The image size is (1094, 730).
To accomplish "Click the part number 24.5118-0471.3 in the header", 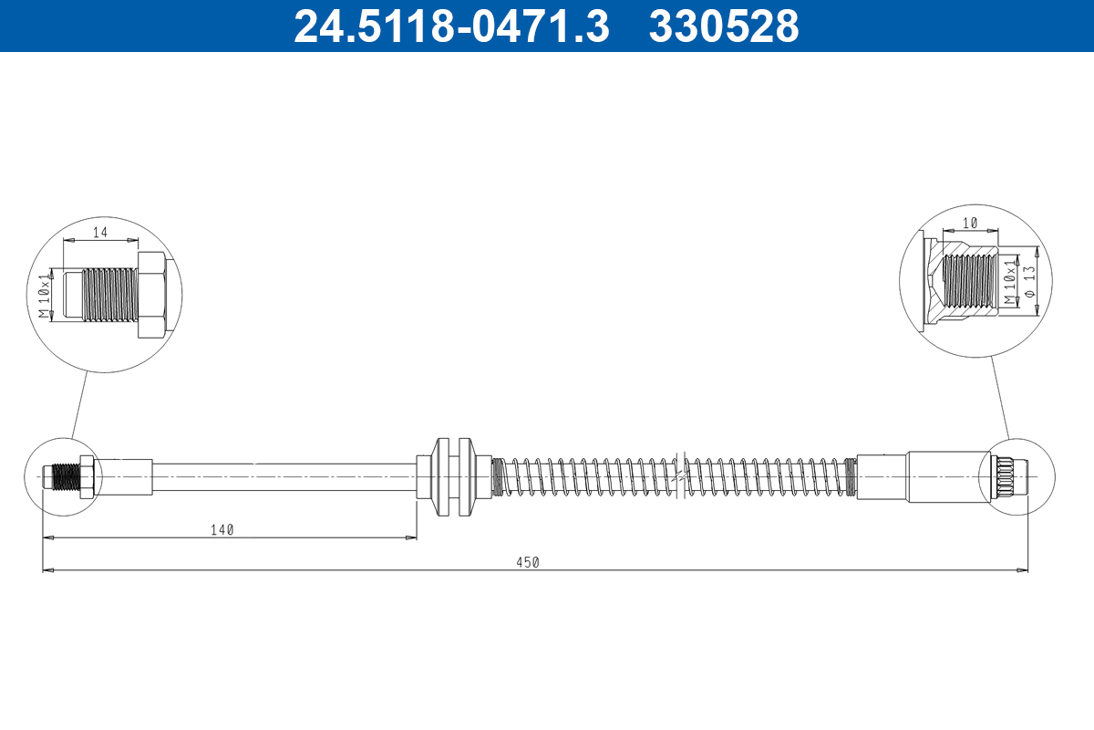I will tap(450, 26).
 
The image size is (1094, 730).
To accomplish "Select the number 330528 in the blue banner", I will tap(723, 26).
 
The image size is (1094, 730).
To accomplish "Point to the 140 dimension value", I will tap(222, 529).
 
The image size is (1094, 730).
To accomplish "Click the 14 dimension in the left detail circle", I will tap(100, 233).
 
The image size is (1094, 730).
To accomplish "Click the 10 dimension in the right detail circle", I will tap(969, 224).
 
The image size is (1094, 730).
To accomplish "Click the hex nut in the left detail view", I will tap(150, 294).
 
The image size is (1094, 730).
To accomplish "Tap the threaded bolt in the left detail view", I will tap(100, 294).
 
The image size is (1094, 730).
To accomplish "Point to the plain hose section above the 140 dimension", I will tap(283, 476).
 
